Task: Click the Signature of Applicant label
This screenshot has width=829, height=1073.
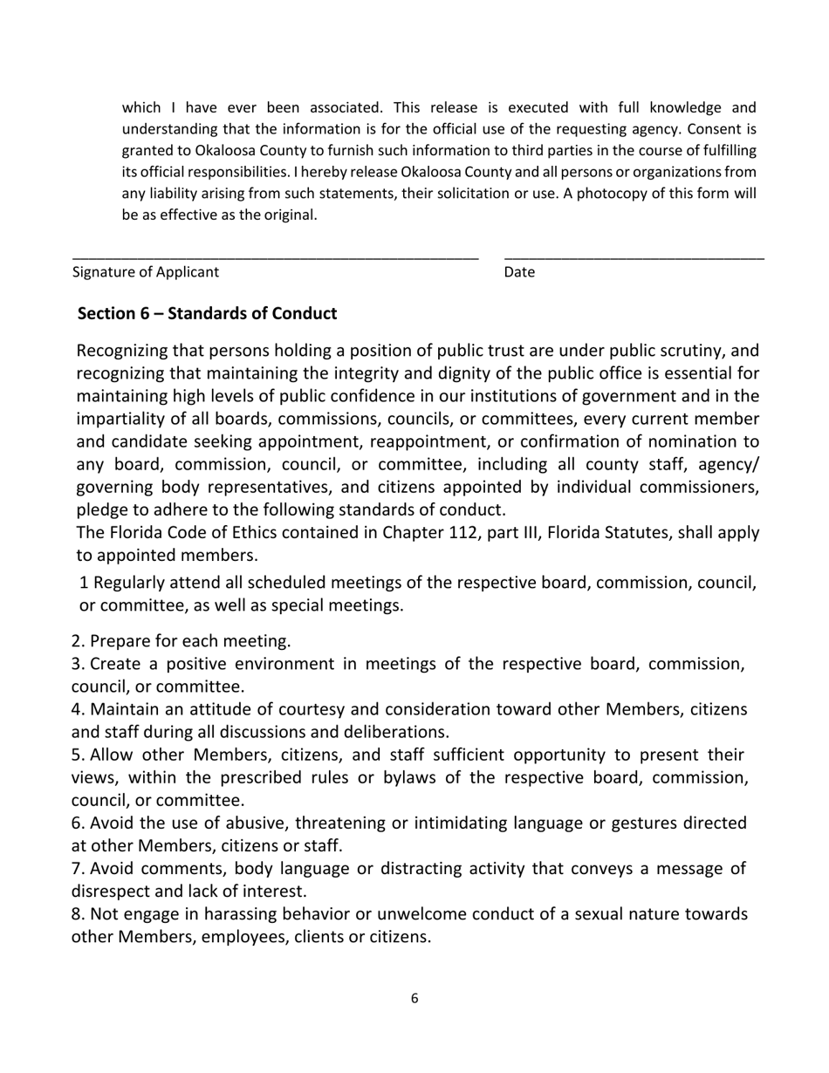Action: [146, 271]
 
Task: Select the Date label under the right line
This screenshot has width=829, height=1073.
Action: [519, 271]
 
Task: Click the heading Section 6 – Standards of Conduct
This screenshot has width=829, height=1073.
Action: [207, 313]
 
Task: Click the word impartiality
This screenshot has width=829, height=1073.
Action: [125, 419]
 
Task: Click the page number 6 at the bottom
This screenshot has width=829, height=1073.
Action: [414, 999]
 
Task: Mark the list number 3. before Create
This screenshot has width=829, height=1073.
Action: [78, 664]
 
